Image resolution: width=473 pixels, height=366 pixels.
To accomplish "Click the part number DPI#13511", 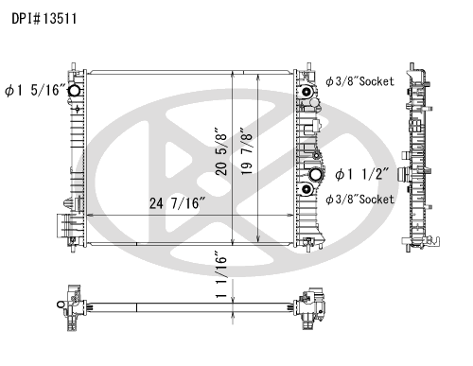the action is click(44, 19).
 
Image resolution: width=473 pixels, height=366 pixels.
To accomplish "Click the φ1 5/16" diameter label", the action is click(36, 91).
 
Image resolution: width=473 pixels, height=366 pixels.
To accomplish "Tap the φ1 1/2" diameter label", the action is click(361, 174).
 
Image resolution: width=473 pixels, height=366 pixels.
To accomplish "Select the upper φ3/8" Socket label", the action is click(359, 81).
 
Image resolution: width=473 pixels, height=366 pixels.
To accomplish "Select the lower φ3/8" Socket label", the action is click(359, 200).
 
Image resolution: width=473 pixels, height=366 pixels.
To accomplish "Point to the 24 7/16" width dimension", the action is click(177, 203).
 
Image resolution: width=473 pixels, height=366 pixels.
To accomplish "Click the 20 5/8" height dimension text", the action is click(221, 151).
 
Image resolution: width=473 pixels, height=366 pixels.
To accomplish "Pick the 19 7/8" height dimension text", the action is click(247, 151).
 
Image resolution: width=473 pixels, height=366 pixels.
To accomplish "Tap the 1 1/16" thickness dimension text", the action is click(221, 274).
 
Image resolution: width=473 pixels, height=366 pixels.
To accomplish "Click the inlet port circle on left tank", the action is click(75, 91).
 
